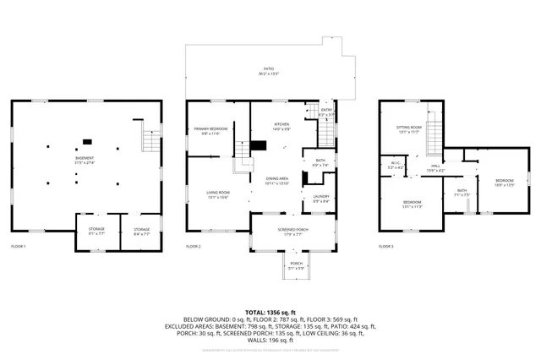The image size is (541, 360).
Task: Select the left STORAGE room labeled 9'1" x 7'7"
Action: tap(90, 231)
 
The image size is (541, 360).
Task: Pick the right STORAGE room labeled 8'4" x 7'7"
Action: tap(141, 231)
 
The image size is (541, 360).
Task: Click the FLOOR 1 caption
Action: tap(19, 246)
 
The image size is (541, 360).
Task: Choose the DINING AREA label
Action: tap(278, 180)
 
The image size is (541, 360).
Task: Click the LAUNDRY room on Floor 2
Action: tap(321, 199)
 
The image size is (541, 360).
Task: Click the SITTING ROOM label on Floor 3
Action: tap(409, 129)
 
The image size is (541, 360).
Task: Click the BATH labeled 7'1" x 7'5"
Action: tap(462, 192)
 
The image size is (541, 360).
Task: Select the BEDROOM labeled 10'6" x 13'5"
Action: tap(504, 183)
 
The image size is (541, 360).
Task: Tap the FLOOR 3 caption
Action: tap(386, 246)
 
